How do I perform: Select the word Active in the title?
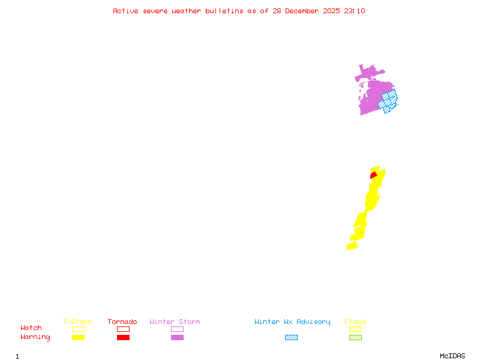click(125, 11)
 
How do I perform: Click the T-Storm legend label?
click(77, 322)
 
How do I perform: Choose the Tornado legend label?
click(122, 322)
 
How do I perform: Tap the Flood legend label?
click(355, 322)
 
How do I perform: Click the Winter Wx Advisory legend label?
click(292, 322)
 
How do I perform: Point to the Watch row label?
click(31, 328)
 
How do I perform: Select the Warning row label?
click(35, 337)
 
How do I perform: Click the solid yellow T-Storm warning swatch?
click(78, 337)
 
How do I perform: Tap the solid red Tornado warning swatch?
click(123, 337)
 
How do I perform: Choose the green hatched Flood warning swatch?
click(355, 337)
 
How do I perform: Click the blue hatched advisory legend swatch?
click(291, 337)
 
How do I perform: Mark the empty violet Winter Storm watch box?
click(177, 329)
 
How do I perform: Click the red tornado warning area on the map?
click(373, 175)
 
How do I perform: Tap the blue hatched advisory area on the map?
click(389, 101)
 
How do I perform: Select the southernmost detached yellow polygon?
click(352, 245)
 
